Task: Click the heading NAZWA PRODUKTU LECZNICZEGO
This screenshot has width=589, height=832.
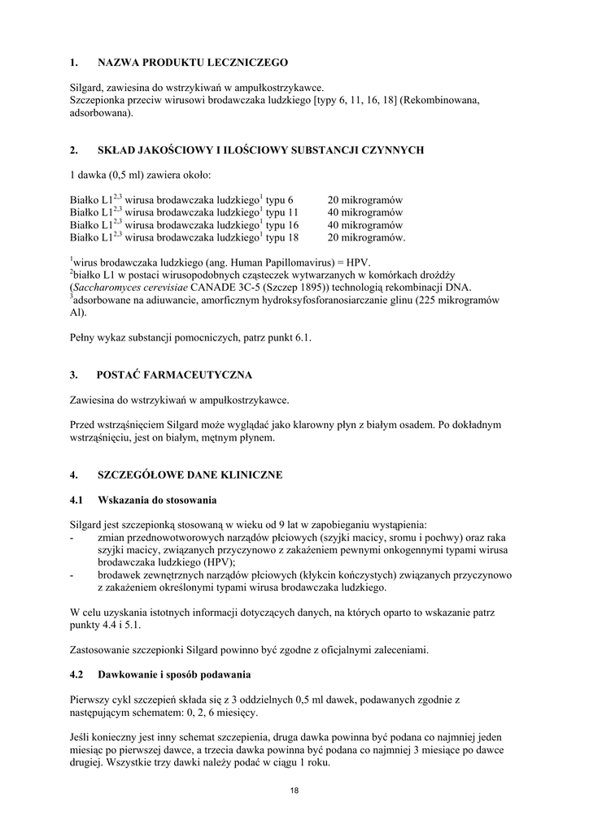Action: [192, 62]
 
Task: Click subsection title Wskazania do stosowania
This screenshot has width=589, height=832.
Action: [157, 499]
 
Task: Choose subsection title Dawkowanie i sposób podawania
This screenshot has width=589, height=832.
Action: [174, 674]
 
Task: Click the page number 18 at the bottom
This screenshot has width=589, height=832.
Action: [294, 791]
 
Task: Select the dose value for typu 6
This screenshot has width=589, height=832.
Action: [365, 200]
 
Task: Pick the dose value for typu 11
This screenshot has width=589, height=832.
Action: [365, 212]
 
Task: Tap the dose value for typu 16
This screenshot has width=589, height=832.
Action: [365, 225]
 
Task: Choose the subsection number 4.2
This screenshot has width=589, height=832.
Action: [77, 674]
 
